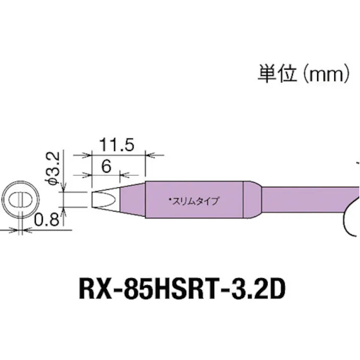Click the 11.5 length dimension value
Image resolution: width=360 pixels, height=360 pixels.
pyautogui.click(x=117, y=146)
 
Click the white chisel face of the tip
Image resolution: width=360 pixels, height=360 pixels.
pyautogui.click(x=100, y=199)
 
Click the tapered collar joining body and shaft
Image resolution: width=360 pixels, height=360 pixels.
pyautogui.click(x=252, y=200)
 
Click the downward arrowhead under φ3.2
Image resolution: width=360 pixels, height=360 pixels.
pyautogui.click(x=65, y=189)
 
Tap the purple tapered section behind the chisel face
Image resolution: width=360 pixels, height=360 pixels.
pyautogui.click(x=129, y=199)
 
